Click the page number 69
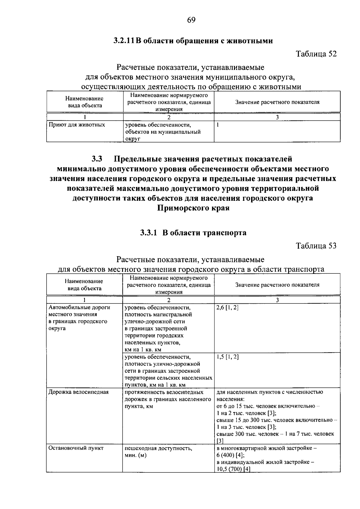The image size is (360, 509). pos(191,20)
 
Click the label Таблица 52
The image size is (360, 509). pos(316,54)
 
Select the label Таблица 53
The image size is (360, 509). pos(316,246)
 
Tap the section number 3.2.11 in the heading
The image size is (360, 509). pos(124,41)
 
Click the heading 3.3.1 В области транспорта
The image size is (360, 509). pos(193,233)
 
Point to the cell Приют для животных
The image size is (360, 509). pos(77,125)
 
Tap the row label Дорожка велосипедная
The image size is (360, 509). pos(79,392)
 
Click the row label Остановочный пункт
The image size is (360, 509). pos(76,448)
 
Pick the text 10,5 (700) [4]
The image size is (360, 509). pos(233,469)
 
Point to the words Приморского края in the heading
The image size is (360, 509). pos(193,208)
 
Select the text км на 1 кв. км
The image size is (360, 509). pos(143,350)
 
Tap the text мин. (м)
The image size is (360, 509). pos(136,455)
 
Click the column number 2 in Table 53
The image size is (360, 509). pos(169,300)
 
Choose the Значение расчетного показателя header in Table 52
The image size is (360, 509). pos(277,102)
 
